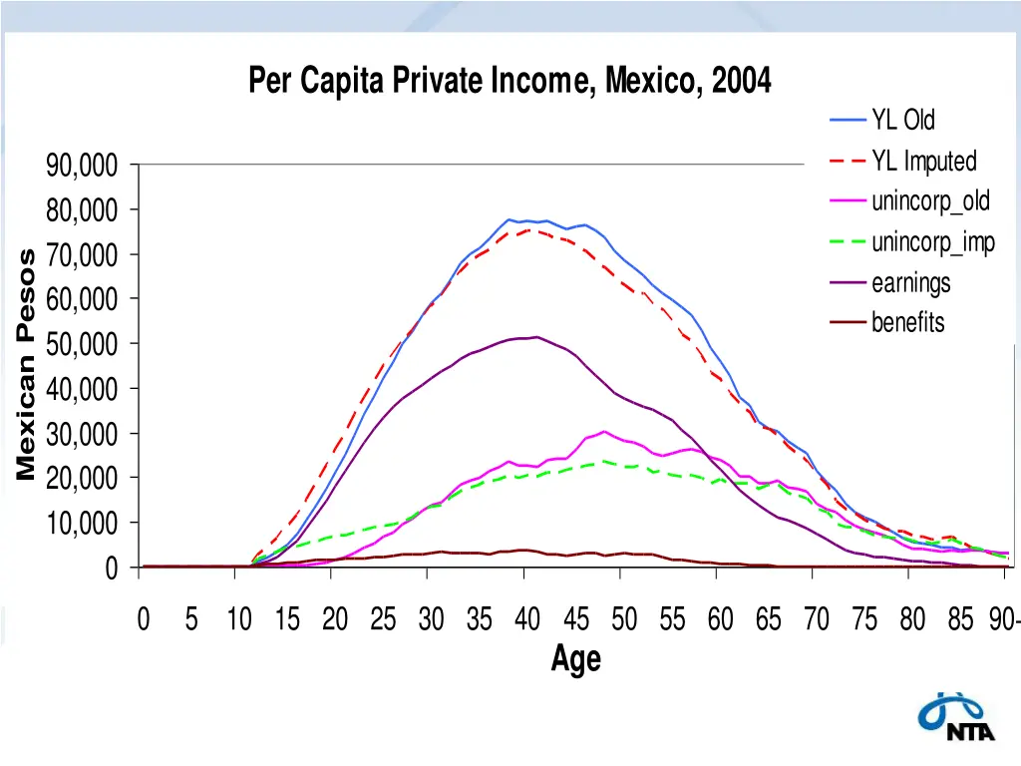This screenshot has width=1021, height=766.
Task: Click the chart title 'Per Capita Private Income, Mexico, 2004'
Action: tap(510, 79)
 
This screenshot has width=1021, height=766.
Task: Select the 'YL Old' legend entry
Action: tap(903, 121)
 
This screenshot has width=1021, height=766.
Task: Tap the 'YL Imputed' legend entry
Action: tap(923, 161)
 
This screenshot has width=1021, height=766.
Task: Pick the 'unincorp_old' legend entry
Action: tap(930, 200)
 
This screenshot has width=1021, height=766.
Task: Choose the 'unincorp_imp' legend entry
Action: tap(932, 242)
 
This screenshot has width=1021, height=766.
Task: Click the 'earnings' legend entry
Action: tap(910, 283)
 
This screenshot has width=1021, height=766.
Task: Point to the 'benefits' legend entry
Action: tap(907, 322)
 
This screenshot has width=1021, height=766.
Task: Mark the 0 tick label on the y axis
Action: tap(111, 569)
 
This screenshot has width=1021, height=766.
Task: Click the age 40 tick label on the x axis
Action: tap(527, 620)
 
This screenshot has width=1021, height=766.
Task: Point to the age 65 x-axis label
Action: tap(768, 620)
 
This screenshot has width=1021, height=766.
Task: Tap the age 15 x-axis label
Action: tap(287, 620)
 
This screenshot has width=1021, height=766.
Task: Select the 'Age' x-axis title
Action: tap(576, 659)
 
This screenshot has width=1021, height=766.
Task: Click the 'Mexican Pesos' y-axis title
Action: tap(27, 364)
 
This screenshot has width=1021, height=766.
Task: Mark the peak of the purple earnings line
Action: tap(537, 337)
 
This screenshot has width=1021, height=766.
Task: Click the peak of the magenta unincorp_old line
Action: tap(604, 432)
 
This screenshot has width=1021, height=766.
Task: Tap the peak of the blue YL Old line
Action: tap(509, 219)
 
